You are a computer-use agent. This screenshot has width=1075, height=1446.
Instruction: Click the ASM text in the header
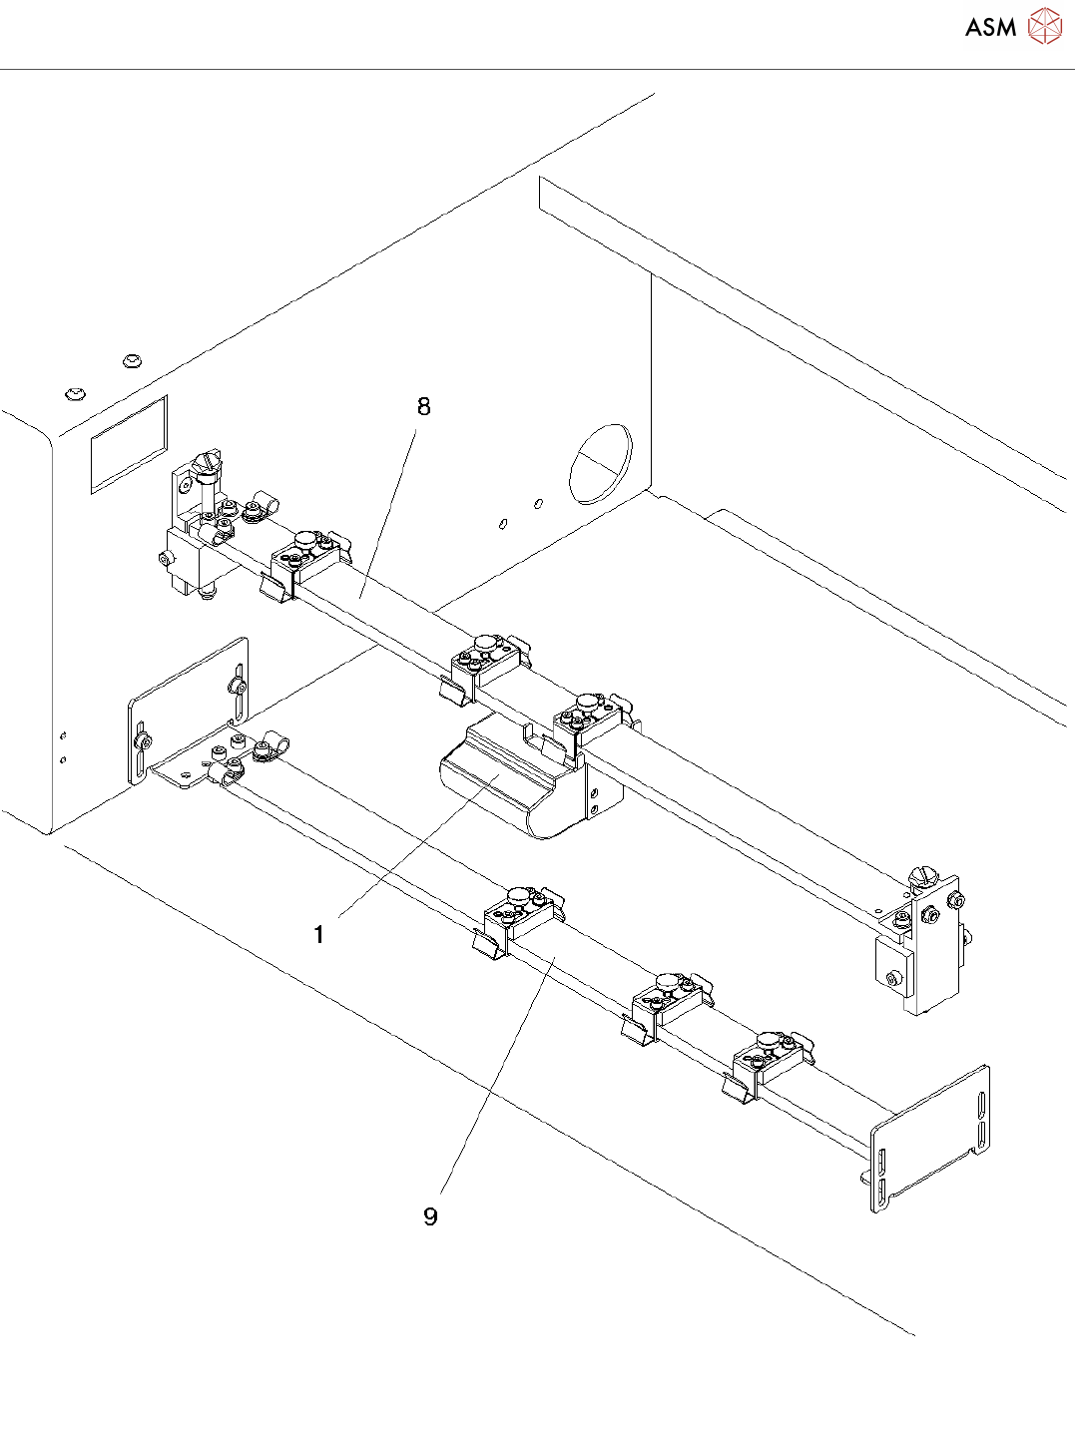[990, 28]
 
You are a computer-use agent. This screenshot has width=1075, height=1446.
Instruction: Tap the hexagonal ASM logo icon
[1045, 27]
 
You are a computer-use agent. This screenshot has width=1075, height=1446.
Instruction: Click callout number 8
[424, 406]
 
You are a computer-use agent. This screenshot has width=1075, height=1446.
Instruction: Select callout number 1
[318, 935]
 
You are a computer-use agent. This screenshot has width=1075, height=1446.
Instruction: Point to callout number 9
[430, 1216]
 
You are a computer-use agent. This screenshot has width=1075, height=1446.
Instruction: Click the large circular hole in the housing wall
[601, 464]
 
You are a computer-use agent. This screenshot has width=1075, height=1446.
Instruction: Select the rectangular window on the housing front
[129, 444]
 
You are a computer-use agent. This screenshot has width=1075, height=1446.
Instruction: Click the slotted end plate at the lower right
[931, 1138]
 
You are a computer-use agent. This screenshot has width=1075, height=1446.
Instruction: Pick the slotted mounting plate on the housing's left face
[188, 711]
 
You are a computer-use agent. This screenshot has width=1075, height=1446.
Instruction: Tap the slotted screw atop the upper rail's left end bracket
[209, 462]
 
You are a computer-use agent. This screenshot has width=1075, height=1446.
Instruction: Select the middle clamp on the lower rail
[670, 999]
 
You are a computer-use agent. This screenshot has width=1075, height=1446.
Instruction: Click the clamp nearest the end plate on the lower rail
[770, 1058]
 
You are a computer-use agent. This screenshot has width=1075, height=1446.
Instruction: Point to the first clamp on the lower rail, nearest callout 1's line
[519, 912]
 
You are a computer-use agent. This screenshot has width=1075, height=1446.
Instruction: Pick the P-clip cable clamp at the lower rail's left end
[268, 747]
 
